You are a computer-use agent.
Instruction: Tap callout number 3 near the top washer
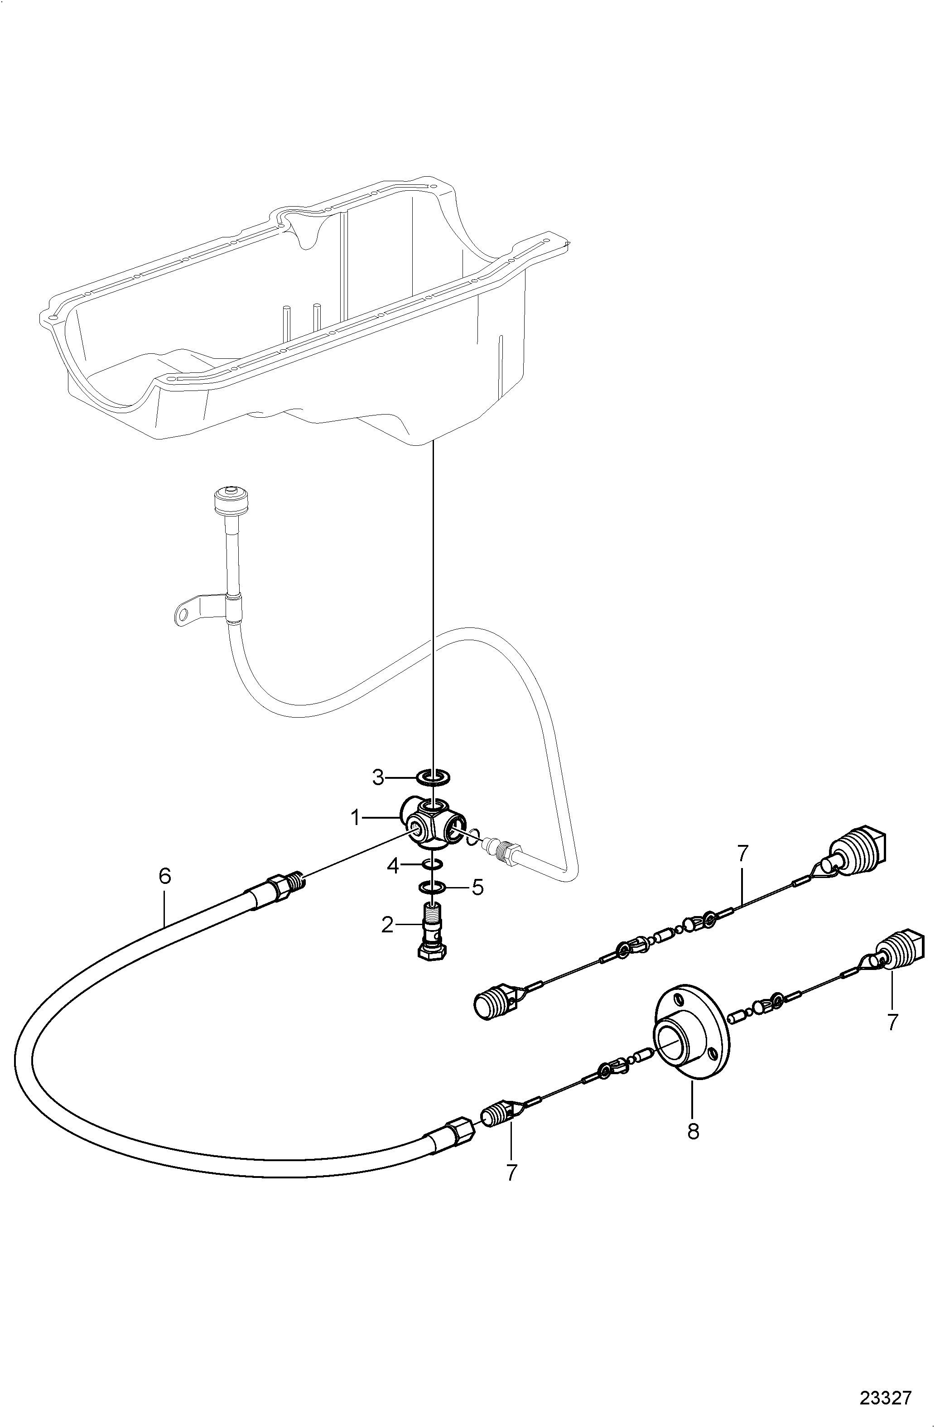pos(377,777)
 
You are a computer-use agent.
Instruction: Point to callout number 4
pos(393,865)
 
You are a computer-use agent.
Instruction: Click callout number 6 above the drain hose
pos(165,877)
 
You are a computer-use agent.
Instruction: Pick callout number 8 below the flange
pos(693,1131)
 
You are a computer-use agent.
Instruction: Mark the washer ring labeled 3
pos(433,777)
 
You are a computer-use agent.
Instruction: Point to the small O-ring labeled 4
pos(433,864)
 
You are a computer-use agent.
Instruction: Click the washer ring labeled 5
pos(432,886)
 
